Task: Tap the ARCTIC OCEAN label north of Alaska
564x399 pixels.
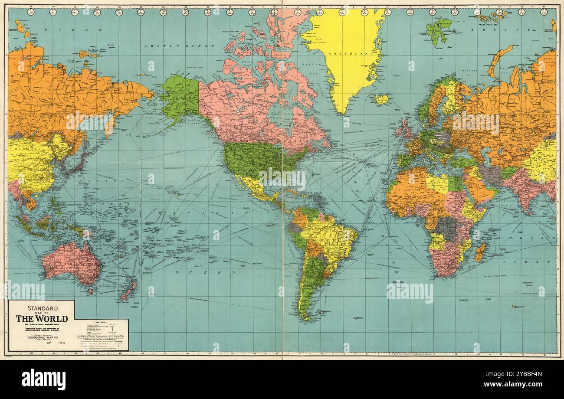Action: pos(180,46)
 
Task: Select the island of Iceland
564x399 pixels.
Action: pos(381,99)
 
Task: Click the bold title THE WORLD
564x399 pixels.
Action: pos(42,318)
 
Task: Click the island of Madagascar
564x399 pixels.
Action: pos(480,252)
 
